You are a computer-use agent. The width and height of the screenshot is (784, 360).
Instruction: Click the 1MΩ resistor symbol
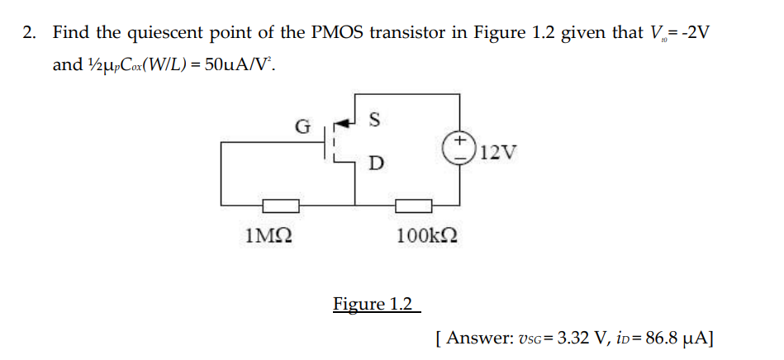coord(281,205)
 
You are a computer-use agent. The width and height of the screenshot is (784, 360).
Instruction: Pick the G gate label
coord(303,127)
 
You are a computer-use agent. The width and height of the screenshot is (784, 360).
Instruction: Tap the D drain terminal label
coord(375,163)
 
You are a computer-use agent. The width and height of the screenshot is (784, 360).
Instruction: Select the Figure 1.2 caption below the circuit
coord(373,304)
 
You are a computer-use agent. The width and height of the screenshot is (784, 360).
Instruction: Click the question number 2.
coord(30,34)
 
